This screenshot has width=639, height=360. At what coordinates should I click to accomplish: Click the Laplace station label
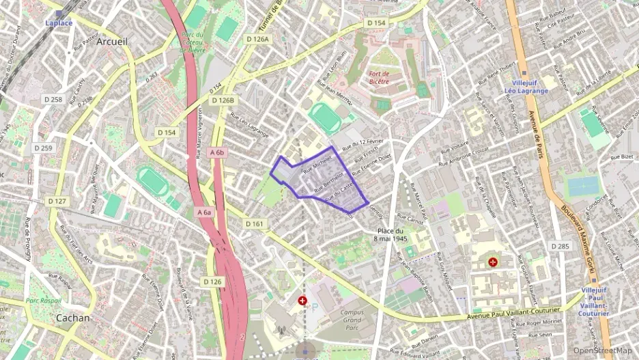click(59, 23)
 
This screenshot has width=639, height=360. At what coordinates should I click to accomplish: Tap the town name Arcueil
click(112, 42)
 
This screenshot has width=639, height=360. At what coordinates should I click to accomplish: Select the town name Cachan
click(73, 318)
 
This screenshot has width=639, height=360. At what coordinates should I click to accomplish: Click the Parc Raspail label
click(44, 300)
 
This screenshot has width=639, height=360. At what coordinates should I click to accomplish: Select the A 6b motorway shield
click(217, 152)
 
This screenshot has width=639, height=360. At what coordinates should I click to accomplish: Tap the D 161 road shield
click(254, 223)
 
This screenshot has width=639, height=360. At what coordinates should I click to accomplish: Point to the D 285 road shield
click(560, 246)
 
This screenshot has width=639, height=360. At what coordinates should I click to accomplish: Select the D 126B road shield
click(223, 100)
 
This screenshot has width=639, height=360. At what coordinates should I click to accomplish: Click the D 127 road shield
click(57, 201)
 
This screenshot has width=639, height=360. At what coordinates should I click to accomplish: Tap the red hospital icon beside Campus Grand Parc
click(302, 301)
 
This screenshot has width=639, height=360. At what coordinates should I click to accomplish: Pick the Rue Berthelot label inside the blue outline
click(328, 180)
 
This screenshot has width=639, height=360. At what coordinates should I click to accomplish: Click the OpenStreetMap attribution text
click(602, 350)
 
